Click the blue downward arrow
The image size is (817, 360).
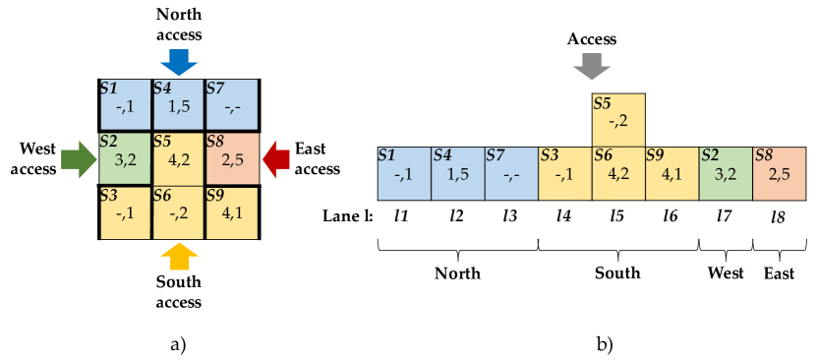coord(179,63)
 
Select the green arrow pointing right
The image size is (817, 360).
coord(75,158)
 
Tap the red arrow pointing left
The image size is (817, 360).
coord(277,158)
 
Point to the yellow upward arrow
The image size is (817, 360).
coord(179,256)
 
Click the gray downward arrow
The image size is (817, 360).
coord(592,67)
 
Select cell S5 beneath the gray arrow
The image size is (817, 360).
coord(618,120)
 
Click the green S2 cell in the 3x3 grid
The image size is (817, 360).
coord(125,158)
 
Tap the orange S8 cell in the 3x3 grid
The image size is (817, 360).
coord(232,158)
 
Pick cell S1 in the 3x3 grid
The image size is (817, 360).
coord(125,104)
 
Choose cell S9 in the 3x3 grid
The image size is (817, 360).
coord(232,212)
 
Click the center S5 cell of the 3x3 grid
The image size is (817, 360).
coord(178,158)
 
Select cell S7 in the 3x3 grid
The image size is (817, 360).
coord(232,104)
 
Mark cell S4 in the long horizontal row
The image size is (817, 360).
coord(458,173)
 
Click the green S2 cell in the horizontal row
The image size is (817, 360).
coord(726,173)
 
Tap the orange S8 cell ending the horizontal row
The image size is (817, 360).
coord(779,173)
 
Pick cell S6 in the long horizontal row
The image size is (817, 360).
coord(618,173)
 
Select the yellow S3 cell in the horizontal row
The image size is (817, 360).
coord(564,173)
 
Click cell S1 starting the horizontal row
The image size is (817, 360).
coord(404,173)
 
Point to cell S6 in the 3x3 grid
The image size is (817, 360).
coord(178,212)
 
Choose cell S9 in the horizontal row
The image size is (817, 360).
coord(671,173)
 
